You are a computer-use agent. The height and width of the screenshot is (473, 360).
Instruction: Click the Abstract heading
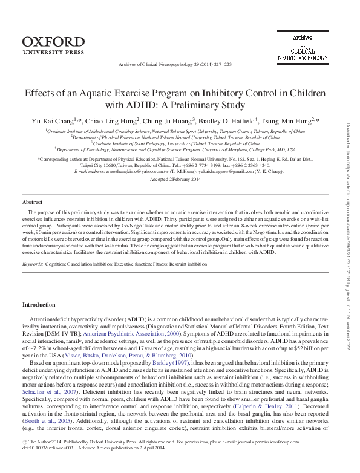pos(33,201)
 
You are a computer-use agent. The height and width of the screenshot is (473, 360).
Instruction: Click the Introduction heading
pos(39,304)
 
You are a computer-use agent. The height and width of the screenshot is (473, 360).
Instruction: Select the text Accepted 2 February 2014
pos(180,180)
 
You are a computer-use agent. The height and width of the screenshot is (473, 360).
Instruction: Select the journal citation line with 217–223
pos(179,64)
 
